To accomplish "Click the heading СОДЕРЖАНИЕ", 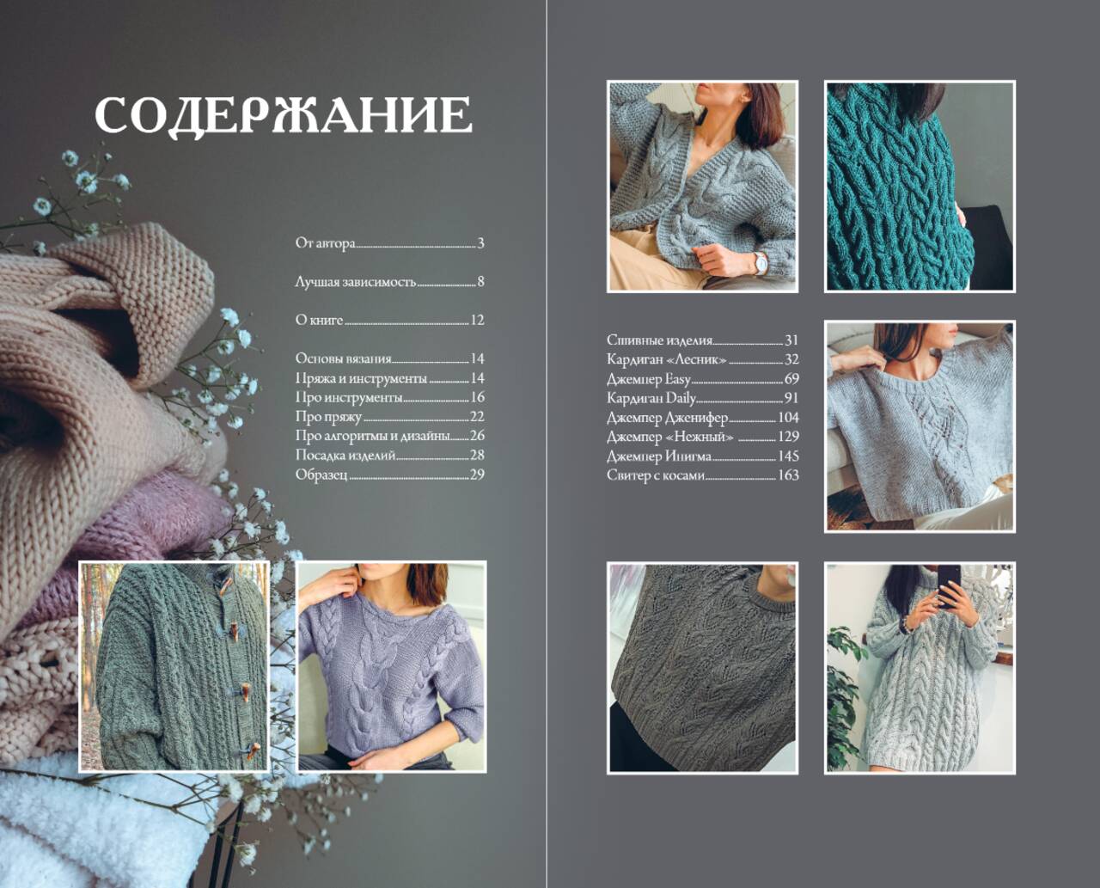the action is tap(283, 115).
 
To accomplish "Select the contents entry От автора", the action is tap(326, 242).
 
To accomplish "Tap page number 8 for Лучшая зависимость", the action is tap(480, 282).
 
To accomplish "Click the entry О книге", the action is tap(319, 320).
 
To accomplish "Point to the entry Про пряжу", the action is tap(328, 417).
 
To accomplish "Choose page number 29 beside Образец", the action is tap(477, 475).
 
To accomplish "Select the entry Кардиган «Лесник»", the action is tap(667, 359).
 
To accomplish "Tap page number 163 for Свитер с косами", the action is tap(788, 475).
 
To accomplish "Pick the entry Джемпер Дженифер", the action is tap(667, 418).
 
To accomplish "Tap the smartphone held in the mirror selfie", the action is tap(949, 585).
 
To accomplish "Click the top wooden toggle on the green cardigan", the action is tap(224, 587).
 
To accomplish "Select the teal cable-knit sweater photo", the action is tap(920, 187).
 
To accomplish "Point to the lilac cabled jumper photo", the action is tap(392, 667).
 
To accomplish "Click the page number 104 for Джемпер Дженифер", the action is tap(788, 418).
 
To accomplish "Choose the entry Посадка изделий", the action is tap(345, 455).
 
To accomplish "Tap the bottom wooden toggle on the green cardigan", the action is tap(253, 750).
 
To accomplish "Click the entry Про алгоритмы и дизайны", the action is tap(372, 436).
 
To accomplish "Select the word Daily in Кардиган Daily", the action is tap(681, 399).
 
